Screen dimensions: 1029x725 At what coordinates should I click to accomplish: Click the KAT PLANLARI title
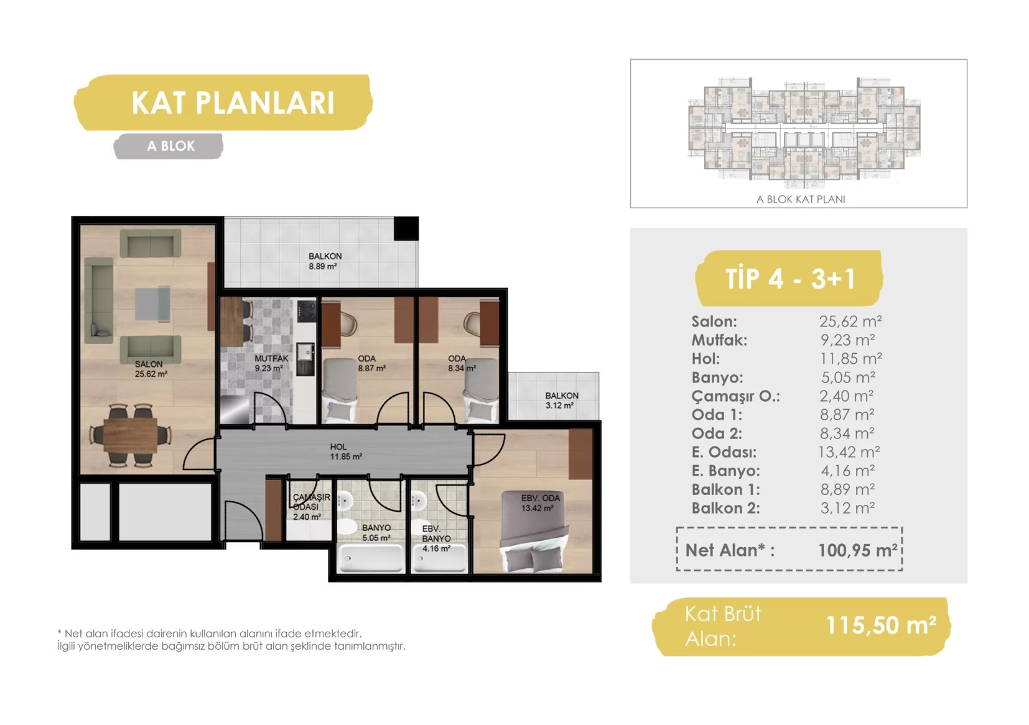(x=233, y=103)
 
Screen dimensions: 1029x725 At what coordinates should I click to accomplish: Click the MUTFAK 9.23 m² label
(x=271, y=363)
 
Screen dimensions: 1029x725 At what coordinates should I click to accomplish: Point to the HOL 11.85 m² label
(x=345, y=452)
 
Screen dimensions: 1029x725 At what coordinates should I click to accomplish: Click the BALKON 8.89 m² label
(x=324, y=261)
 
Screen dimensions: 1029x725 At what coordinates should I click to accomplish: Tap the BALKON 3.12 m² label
(x=561, y=400)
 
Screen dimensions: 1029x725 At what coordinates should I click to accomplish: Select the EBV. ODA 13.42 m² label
(x=540, y=503)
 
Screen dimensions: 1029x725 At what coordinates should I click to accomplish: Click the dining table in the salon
(x=131, y=435)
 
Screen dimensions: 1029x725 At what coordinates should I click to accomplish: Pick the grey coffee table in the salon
(x=152, y=303)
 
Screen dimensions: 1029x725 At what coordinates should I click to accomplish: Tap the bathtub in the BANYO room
(x=370, y=557)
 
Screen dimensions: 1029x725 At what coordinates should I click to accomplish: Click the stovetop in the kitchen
(x=307, y=311)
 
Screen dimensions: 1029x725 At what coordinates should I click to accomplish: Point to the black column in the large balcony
(x=406, y=228)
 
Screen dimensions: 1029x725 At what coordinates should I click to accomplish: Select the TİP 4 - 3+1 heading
(x=789, y=279)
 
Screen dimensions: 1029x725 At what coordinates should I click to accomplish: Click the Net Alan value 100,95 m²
(x=857, y=550)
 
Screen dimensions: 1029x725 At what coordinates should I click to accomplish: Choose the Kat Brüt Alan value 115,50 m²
(x=880, y=625)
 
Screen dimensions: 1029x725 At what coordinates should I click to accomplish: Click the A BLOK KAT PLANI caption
(x=801, y=199)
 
